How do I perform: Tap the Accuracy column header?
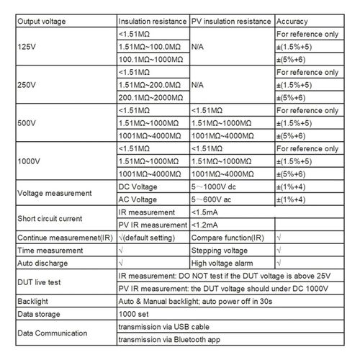point(292,22)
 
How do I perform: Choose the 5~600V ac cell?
point(218,198)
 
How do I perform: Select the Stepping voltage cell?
point(222,250)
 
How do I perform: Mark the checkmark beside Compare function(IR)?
point(279,237)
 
